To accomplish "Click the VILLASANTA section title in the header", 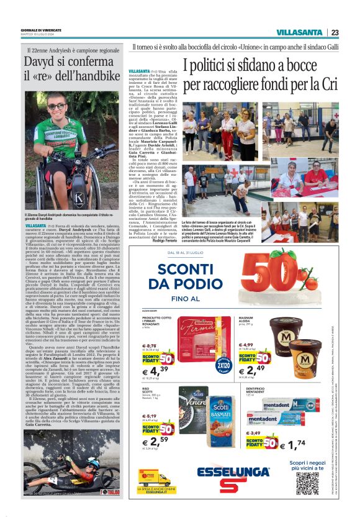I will click(x=299, y=32).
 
